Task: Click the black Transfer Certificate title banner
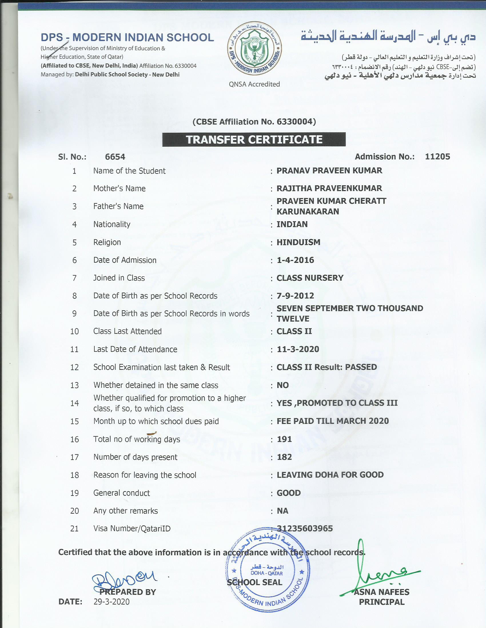[x=254, y=140]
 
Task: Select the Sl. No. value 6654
[x=115, y=157]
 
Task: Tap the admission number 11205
[x=437, y=156]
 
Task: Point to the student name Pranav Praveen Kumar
[x=329, y=170]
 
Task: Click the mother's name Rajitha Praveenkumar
[x=329, y=188]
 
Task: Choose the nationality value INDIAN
[x=292, y=224]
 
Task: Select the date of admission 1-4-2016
[x=295, y=260]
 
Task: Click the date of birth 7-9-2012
[x=295, y=296]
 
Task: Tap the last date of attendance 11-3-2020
[x=298, y=349]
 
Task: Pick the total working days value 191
[x=284, y=439]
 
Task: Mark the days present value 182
[x=284, y=457]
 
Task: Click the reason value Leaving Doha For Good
[x=330, y=475]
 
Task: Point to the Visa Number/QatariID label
[x=132, y=528]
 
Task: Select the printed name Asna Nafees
[x=381, y=592]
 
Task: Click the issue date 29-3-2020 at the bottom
[x=111, y=602]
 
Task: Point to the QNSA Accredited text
[x=254, y=84]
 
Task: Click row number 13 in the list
[x=74, y=385]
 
